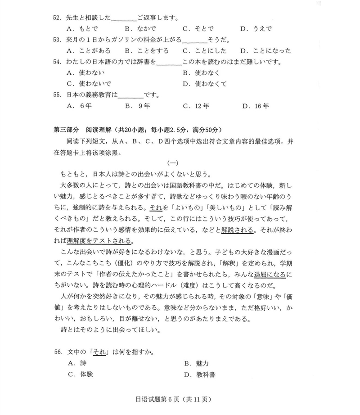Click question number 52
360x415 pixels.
tap(57, 18)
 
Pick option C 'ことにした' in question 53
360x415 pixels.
tap(204, 50)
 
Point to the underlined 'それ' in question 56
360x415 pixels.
tap(99, 351)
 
